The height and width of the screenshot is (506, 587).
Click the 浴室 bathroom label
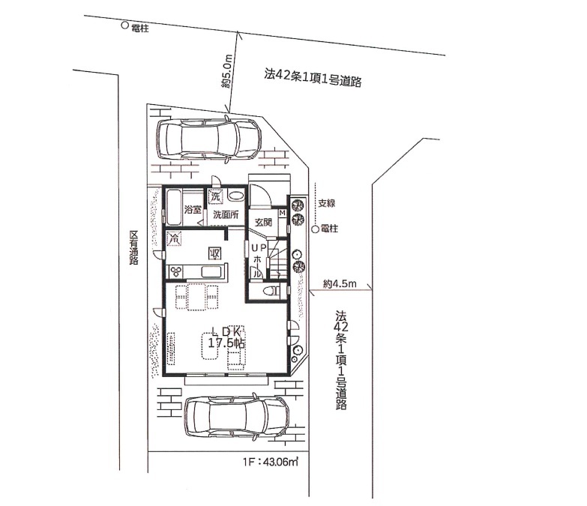click(x=193, y=210)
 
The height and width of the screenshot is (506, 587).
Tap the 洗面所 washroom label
click(x=226, y=215)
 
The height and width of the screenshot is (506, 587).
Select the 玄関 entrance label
click(x=263, y=222)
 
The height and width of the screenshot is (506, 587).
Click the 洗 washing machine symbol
click(x=215, y=196)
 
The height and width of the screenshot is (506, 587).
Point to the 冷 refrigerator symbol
click(x=174, y=238)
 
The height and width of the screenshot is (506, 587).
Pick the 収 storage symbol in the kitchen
click(x=215, y=253)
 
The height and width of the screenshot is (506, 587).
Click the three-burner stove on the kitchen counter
click(x=176, y=271)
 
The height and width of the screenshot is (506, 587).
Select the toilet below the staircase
click(x=271, y=290)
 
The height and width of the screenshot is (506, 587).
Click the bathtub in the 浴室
click(x=173, y=208)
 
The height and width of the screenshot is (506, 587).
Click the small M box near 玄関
click(x=283, y=213)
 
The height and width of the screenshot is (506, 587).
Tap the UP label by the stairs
click(x=259, y=247)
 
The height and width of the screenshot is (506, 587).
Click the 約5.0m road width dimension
click(x=227, y=71)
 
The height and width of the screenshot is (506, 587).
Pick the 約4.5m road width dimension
click(x=340, y=283)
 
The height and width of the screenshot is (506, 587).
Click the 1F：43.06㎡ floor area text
click(x=271, y=462)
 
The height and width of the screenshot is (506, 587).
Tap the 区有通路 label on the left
click(x=133, y=248)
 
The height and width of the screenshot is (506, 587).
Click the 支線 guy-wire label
click(x=326, y=203)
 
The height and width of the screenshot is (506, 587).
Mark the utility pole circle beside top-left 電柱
click(x=125, y=25)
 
